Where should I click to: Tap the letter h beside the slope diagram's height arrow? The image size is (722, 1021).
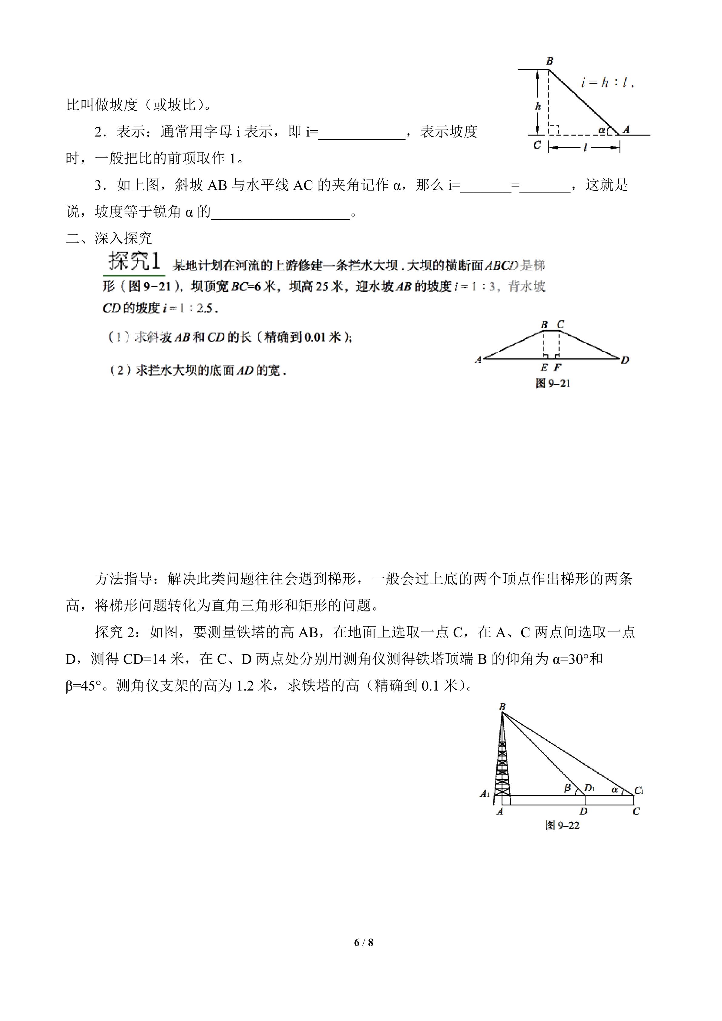[538, 107]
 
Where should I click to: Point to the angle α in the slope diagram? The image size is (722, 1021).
[601, 130]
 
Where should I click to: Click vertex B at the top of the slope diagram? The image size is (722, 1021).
[549, 61]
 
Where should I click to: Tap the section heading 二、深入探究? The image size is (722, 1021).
[109, 238]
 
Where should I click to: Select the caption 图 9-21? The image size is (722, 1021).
[552, 383]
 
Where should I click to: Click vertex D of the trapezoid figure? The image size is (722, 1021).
[625, 360]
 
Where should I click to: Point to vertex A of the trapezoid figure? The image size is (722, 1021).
[478, 360]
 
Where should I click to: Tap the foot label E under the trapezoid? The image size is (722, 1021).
[544, 368]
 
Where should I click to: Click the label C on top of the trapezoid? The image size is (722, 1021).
[560, 325]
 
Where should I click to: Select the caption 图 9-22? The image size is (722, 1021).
[562, 825]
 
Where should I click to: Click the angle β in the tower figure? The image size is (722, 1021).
[567, 788]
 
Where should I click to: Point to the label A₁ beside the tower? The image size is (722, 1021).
[485, 793]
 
